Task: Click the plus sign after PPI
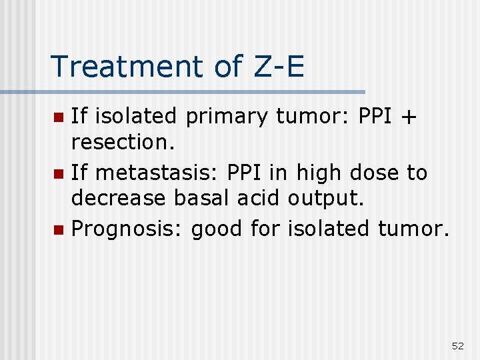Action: (409, 117)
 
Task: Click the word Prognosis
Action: (126, 229)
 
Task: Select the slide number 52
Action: (458, 345)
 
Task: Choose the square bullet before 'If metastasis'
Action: (58, 174)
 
